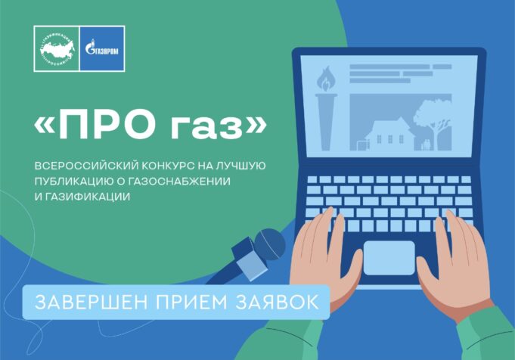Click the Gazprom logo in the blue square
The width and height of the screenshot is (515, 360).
pyautogui.click(x=102, y=48)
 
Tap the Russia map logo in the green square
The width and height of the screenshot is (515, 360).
pyautogui.click(x=56, y=48)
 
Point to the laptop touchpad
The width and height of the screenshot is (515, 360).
pyautogui.click(x=389, y=257)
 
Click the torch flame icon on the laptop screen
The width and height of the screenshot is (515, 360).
pyautogui.click(x=327, y=78)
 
